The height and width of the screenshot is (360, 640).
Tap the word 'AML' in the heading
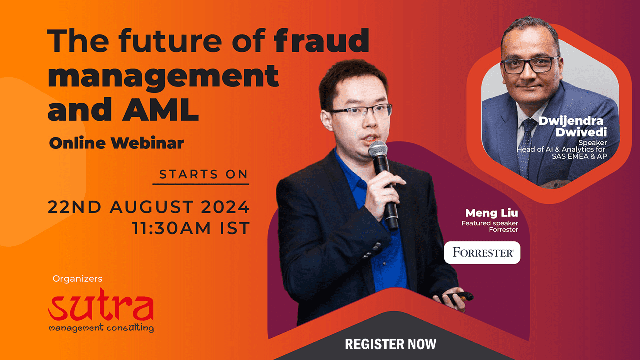[161, 109]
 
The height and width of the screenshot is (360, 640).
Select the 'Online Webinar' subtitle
[116, 143]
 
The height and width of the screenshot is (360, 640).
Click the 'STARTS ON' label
[203, 174]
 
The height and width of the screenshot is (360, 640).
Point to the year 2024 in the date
[225, 207]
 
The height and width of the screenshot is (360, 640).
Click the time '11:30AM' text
[171, 228]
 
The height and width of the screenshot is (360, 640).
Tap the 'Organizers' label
[77, 279]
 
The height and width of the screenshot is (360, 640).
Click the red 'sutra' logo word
[101, 305]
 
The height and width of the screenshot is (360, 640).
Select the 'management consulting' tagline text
[101, 328]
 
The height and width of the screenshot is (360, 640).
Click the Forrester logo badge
[482, 253]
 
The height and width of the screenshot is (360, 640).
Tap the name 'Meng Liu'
[491, 213]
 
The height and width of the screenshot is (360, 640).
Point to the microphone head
[378, 149]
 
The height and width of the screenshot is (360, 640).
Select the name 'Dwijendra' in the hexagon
[571, 121]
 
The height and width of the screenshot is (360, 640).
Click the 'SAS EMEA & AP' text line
[579, 156]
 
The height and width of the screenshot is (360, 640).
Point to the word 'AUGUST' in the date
[151, 207]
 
